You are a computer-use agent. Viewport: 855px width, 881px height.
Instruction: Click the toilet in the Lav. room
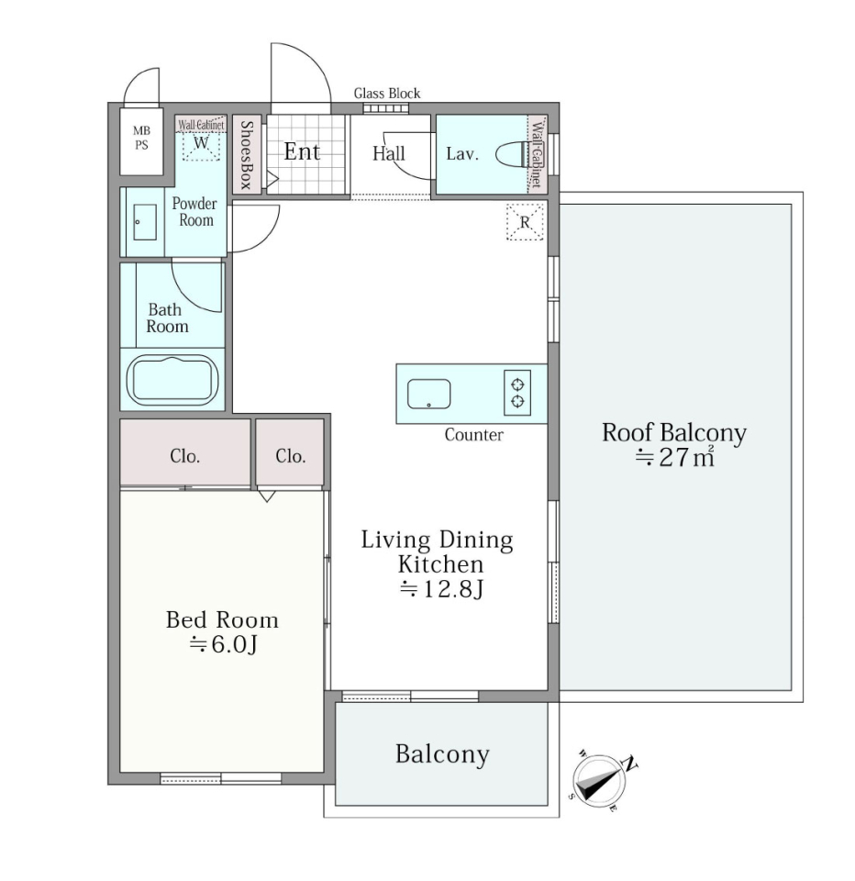point(512,154)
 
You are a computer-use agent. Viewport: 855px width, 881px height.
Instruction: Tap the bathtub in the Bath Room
point(172,379)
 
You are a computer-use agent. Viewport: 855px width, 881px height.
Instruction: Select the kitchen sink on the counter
point(428,394)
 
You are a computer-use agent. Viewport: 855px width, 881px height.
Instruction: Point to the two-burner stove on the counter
point(517,393)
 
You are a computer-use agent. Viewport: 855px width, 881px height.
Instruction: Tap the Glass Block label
point(387,94)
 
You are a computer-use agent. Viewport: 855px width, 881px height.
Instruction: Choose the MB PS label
point(141,138)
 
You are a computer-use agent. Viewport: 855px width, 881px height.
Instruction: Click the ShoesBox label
point(247,154)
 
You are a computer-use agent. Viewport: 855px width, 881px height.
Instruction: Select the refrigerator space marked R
point(525,221)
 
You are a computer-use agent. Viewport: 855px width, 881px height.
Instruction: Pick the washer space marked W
point(201,144)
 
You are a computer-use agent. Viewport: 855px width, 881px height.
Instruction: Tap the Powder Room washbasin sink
point(145,222)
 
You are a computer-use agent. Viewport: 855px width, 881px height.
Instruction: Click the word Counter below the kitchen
point(473,434)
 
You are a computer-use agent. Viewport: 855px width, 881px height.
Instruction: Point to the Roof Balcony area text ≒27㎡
point(674,457)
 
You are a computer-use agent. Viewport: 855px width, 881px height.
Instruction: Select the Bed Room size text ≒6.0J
point(223,644)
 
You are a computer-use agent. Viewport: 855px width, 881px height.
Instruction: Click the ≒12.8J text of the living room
point(441,589)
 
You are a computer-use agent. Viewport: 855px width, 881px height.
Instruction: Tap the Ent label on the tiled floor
point(302,151)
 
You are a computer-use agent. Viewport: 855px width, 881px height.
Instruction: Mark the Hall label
point(388,153)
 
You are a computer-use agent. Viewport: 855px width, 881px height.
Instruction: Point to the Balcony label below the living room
point(442,754)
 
